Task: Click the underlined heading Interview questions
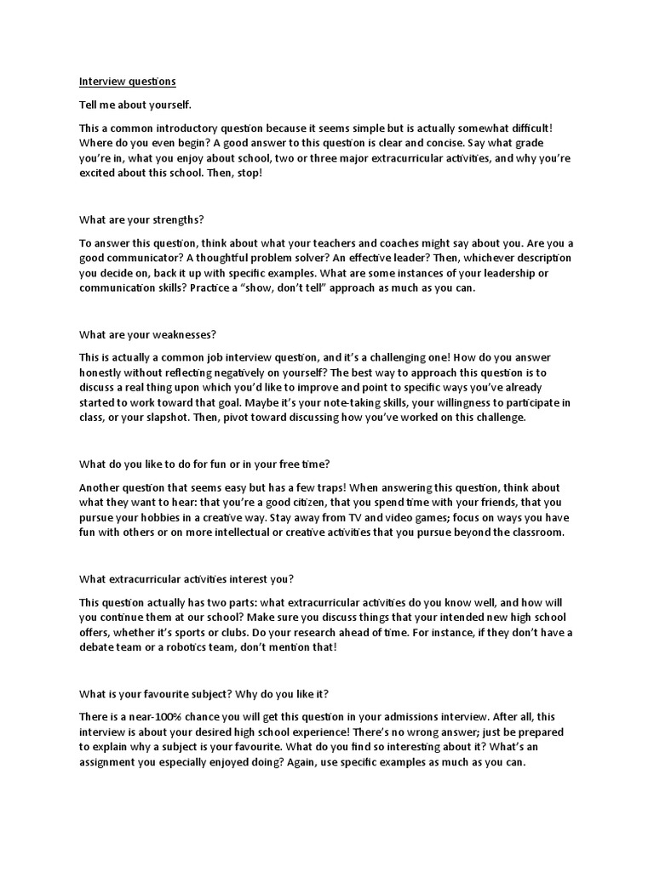coord(127,82)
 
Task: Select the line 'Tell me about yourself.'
coord(135,105)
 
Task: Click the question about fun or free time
coord(204,464)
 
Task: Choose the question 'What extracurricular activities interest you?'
coord(186,579)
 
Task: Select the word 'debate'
coord(97,647)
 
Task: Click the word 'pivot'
coord(248,418)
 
